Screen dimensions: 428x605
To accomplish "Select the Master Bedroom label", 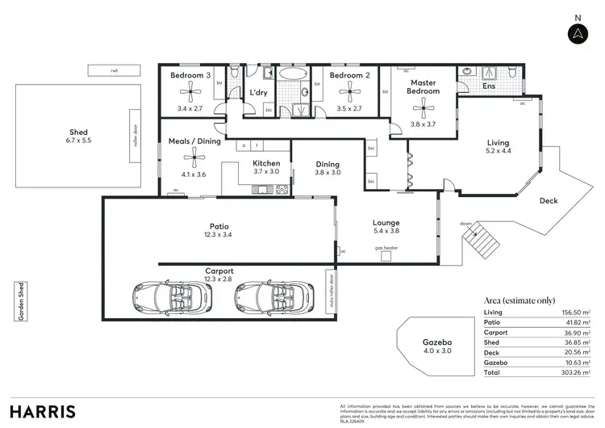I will coord(423,87).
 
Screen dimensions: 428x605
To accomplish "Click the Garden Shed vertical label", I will coord(20,301).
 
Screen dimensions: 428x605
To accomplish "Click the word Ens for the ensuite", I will coord(489,85).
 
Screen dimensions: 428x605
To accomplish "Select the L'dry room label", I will coord(258,93).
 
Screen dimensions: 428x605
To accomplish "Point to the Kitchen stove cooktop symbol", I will coord(282,190).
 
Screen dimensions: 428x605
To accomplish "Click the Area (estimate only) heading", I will coord(519,300).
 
